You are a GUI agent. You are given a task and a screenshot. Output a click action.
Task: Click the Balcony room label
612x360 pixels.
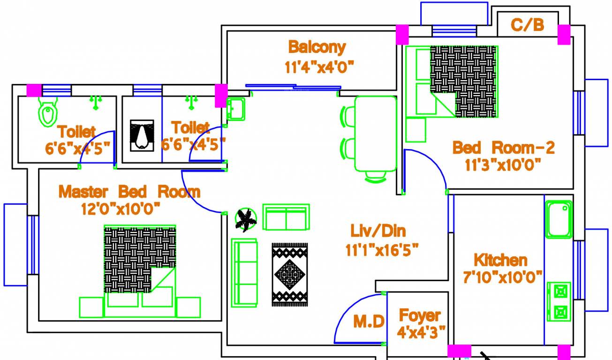317,47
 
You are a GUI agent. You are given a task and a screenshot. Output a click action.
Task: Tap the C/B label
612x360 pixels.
527,24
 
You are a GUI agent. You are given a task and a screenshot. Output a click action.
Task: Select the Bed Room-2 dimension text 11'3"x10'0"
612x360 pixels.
503,165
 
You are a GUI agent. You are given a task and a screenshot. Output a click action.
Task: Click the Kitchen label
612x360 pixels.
500,260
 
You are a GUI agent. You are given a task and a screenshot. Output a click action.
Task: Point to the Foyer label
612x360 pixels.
419,315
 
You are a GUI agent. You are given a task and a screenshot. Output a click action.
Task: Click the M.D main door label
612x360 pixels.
369,322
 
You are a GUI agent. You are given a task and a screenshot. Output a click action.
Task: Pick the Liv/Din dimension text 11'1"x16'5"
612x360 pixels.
382,249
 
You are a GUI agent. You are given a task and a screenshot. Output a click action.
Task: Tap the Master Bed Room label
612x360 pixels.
129,191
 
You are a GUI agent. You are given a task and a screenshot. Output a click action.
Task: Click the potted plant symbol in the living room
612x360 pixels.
246,219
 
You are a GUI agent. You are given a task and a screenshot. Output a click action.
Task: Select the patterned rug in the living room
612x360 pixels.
290,274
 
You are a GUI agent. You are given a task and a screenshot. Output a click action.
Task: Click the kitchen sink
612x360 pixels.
558,219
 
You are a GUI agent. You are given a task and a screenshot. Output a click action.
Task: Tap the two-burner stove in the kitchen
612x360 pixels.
559,301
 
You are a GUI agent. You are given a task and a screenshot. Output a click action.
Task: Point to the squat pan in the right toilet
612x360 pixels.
141,135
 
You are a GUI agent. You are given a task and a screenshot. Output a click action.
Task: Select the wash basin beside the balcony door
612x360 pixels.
235,109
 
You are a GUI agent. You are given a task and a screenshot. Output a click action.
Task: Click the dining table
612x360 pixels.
375,134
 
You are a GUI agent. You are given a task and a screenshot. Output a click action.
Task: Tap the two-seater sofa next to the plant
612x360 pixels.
286,217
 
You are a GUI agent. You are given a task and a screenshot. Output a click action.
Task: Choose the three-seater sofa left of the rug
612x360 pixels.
244,272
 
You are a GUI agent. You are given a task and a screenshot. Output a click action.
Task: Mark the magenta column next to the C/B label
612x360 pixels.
564,35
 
